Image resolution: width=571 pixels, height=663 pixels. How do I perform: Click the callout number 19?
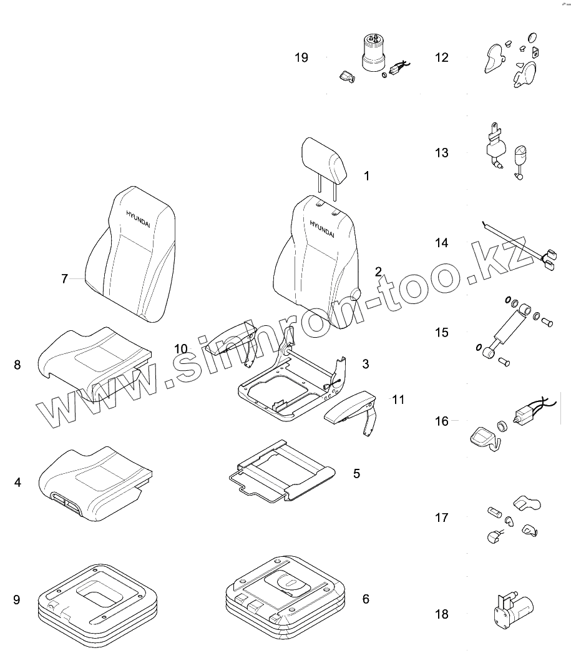tap(301, 58)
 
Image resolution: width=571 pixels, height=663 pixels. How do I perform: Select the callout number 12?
tap(442, 58)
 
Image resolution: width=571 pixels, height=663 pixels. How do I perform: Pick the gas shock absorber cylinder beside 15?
tap(507, 328)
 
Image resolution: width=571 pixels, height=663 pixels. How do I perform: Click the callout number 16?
tap(442, 421)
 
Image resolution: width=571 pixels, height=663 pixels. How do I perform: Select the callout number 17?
tap(442, 518)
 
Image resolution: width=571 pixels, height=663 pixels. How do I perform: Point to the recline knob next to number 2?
tap(356, 294)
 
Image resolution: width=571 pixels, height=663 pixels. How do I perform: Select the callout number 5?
tap(356, 473)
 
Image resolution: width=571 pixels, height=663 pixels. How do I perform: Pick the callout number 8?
tap(17, 364)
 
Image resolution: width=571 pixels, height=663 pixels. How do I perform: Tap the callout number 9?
tap(17, 600)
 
